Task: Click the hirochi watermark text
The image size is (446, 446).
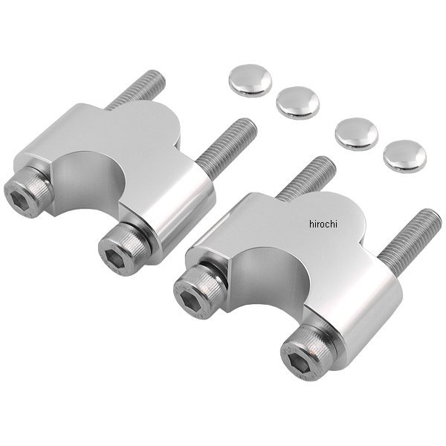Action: [323, 224]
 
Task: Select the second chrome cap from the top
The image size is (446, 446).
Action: [298, 103]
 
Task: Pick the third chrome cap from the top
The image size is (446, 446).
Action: [357, 134]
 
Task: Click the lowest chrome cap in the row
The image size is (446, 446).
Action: [405, 156]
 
